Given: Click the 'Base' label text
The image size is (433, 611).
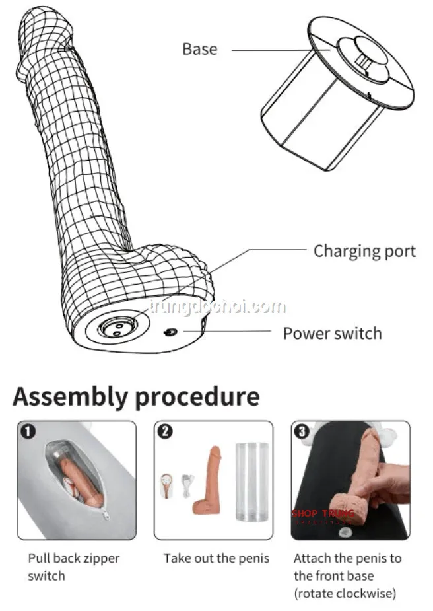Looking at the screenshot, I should [199, 49].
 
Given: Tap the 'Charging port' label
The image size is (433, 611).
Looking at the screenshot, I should [364, 251].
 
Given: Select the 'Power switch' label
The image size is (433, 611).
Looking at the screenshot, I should [332, 333].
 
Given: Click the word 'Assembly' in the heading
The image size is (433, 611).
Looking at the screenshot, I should [70, 397].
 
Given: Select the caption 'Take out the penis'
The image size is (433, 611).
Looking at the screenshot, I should [216, 559].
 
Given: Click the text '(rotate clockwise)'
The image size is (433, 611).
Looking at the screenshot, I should [345, 593].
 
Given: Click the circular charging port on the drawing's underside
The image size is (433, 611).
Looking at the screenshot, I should [116, 326].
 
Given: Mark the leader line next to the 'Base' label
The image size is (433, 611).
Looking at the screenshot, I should [277, 49].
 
